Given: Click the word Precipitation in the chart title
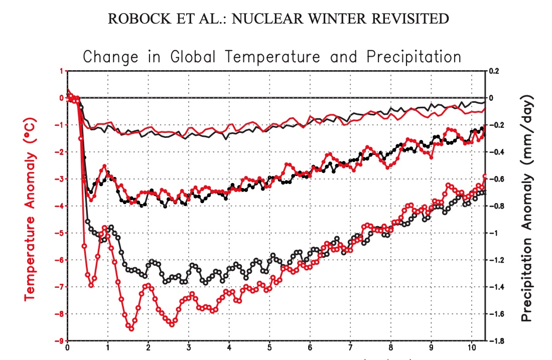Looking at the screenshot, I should (413, 56).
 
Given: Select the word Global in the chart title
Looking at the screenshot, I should (196, 56).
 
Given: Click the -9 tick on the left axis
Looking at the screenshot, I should (60, 341).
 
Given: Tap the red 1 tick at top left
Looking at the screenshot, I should (62, 71).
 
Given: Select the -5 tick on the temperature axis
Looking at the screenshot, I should (60, 233).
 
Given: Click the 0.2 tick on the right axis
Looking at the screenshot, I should (495, 71).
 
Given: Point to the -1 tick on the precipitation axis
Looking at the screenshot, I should (494, 233).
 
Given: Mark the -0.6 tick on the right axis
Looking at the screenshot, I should (495, 179).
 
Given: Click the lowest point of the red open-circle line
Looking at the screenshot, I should (131, 328).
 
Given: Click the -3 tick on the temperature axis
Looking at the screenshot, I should (60, 179).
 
